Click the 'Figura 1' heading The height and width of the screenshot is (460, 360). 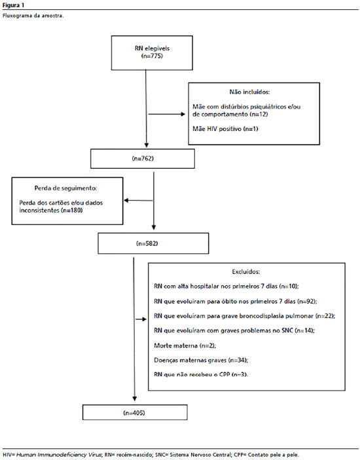(x=13, y=5)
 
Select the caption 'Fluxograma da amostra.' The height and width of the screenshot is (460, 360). (x=33, y=16)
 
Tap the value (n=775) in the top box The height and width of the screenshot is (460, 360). (x=152, y=56)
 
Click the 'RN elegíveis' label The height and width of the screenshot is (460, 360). (x=152, y=48)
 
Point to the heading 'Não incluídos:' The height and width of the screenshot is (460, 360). (x=249, y=92)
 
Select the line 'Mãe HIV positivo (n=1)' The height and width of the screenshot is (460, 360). (x=225, y=129)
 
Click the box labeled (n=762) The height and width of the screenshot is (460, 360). (x=143, y=159)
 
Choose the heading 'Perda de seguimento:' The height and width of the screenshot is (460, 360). (x=65, y=188)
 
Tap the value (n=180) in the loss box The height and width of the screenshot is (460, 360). (x=72, y=210)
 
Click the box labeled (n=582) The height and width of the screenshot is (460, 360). (x=153, y=243)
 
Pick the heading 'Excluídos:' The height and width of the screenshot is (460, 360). (x=246, y=272)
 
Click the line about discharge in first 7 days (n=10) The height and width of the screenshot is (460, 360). (x=226, y=287)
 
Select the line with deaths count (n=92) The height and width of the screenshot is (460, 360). (x=235, y=301)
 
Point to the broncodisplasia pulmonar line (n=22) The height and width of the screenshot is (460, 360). (x=244, y=316)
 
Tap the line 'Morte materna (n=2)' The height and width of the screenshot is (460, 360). (x=185, y=345)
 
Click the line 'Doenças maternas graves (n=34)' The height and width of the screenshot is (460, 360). (x=201, y=361)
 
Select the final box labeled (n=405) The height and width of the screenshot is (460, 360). (x=135, y=412)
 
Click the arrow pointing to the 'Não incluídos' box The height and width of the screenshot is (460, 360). (x=167, y=114)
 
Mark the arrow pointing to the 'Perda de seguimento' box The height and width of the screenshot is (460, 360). (x=138, y=201)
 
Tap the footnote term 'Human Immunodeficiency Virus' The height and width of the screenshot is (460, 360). (x=59, y=455)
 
